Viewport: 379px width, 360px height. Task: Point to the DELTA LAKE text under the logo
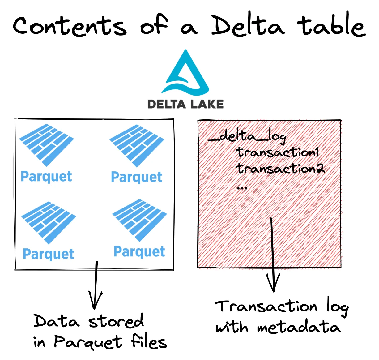(185, 104)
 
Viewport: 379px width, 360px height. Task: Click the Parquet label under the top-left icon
(46, 177)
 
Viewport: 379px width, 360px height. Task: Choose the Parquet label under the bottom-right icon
(139, 252)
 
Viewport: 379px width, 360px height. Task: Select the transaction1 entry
(277, 152)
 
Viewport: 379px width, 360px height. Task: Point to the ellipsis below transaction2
(242, 188)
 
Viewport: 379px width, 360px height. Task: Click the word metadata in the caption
(299, 327)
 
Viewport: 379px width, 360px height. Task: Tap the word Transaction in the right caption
(266, 306)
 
